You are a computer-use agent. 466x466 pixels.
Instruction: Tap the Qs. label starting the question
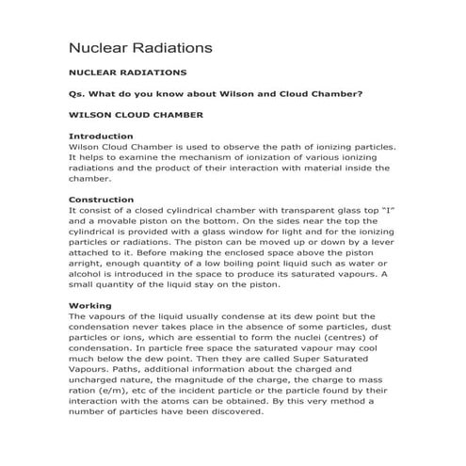79,93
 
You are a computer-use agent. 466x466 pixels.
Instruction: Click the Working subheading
92,306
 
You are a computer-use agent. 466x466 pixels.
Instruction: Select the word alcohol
89,274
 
